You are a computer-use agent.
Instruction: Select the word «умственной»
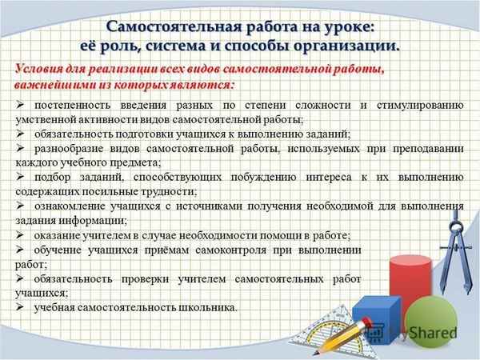tap(45, 119)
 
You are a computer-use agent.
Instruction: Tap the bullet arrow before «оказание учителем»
tap(22, 235)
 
